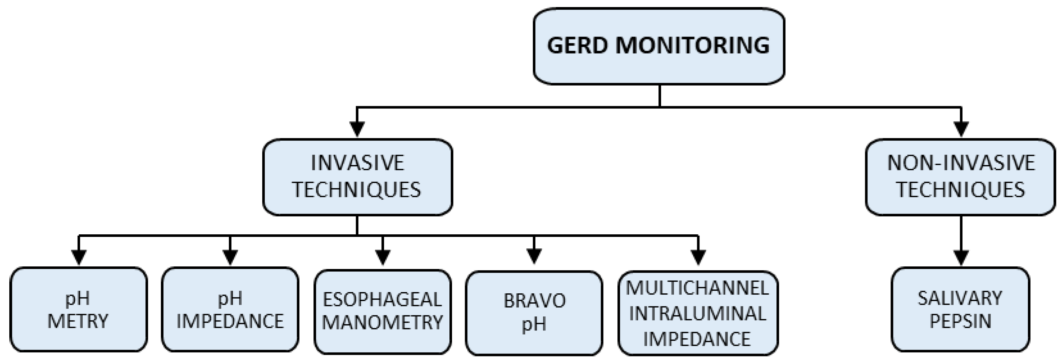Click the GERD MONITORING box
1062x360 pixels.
click(x=658, y=46)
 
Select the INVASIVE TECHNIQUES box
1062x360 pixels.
click(x=357, y=177)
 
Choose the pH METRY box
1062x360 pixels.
click(x=78, y=309)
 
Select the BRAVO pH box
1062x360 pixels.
click(x=534, y=312)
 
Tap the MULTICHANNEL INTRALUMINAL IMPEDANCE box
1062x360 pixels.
click(x=698, y=313)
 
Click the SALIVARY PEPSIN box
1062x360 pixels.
click(x=960, y=309)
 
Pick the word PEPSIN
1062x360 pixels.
click(x=960, y=321)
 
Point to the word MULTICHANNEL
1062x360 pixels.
click(x=697, y=288)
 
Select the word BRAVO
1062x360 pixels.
click(x=534, y=301)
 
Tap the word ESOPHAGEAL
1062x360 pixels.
click(x=382, y=299)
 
